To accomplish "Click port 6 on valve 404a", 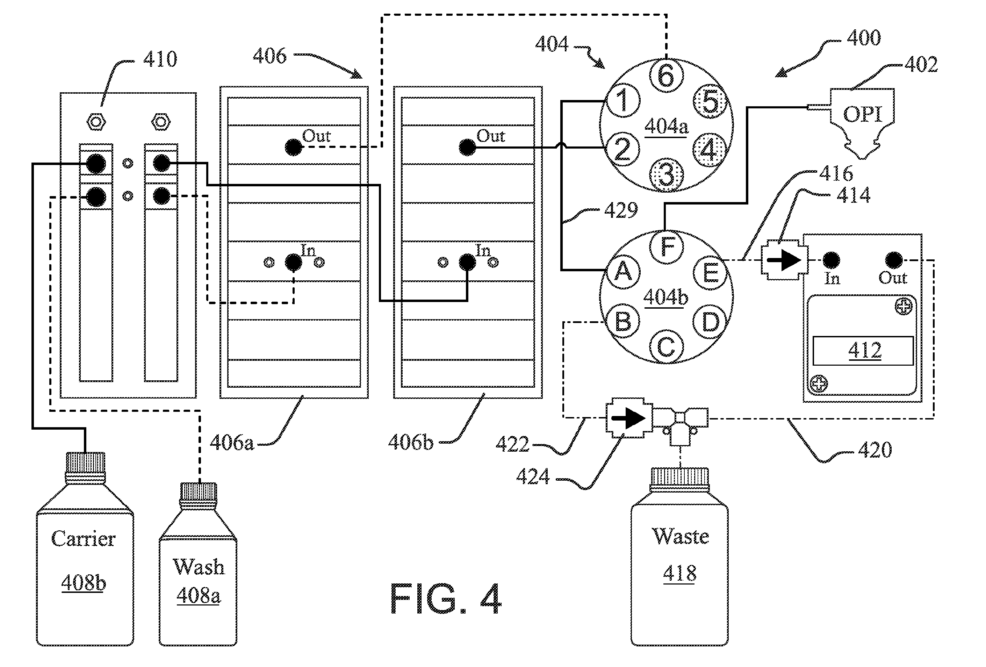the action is tap(666, 76).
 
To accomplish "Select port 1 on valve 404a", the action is tap(622, 101).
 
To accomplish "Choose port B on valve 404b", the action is tap(622, 322).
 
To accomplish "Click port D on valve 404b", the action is tap(710, 322).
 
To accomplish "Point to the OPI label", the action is tap(863, 114).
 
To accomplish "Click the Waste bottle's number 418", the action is tap(680, 573).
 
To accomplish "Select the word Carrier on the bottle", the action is tap(83, 539).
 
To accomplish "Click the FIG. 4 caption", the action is tap(446, 599).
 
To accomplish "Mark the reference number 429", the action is tap(621, 210).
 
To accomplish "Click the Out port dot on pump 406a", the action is tap(294, 147).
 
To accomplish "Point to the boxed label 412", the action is tap(863, 351).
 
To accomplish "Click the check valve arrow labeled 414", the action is tap(784, 260).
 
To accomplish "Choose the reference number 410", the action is tap(160, 59).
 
